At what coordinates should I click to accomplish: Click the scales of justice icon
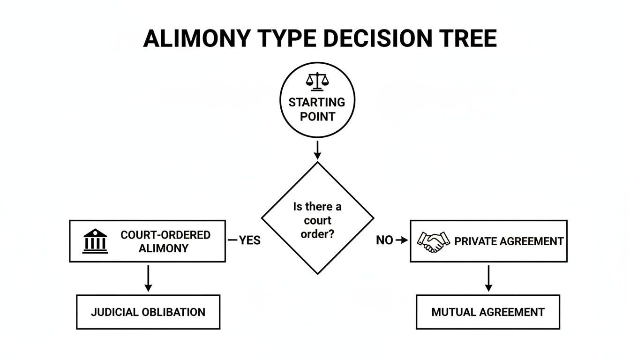[x=317, y=81]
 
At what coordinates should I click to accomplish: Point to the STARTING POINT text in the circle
[x=317, y=109]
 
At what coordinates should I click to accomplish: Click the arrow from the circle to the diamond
[x=317, y=150]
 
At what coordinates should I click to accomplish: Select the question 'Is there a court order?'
[x=317, y=220]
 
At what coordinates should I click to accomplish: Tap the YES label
[x=249, y=240]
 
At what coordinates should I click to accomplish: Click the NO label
[x=384, y=240]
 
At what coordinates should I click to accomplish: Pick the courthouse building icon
[x=95, y=241]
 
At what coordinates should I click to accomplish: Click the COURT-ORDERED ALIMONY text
[x=165, y=241]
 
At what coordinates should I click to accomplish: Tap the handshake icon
[x=433, y=241]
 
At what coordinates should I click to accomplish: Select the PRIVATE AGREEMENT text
[x=509, y=241]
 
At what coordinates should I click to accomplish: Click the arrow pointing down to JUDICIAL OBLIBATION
[x=148, y=278]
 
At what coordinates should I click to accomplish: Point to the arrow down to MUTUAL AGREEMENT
[x=488, y=278]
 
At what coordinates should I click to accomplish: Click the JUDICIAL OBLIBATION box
[x=148, y=312]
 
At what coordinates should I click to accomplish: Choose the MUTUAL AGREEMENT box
[x=488, y=312]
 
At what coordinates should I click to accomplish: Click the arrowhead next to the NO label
[x=401, y=240]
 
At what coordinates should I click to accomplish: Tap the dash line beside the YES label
[x=232, y=240]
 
